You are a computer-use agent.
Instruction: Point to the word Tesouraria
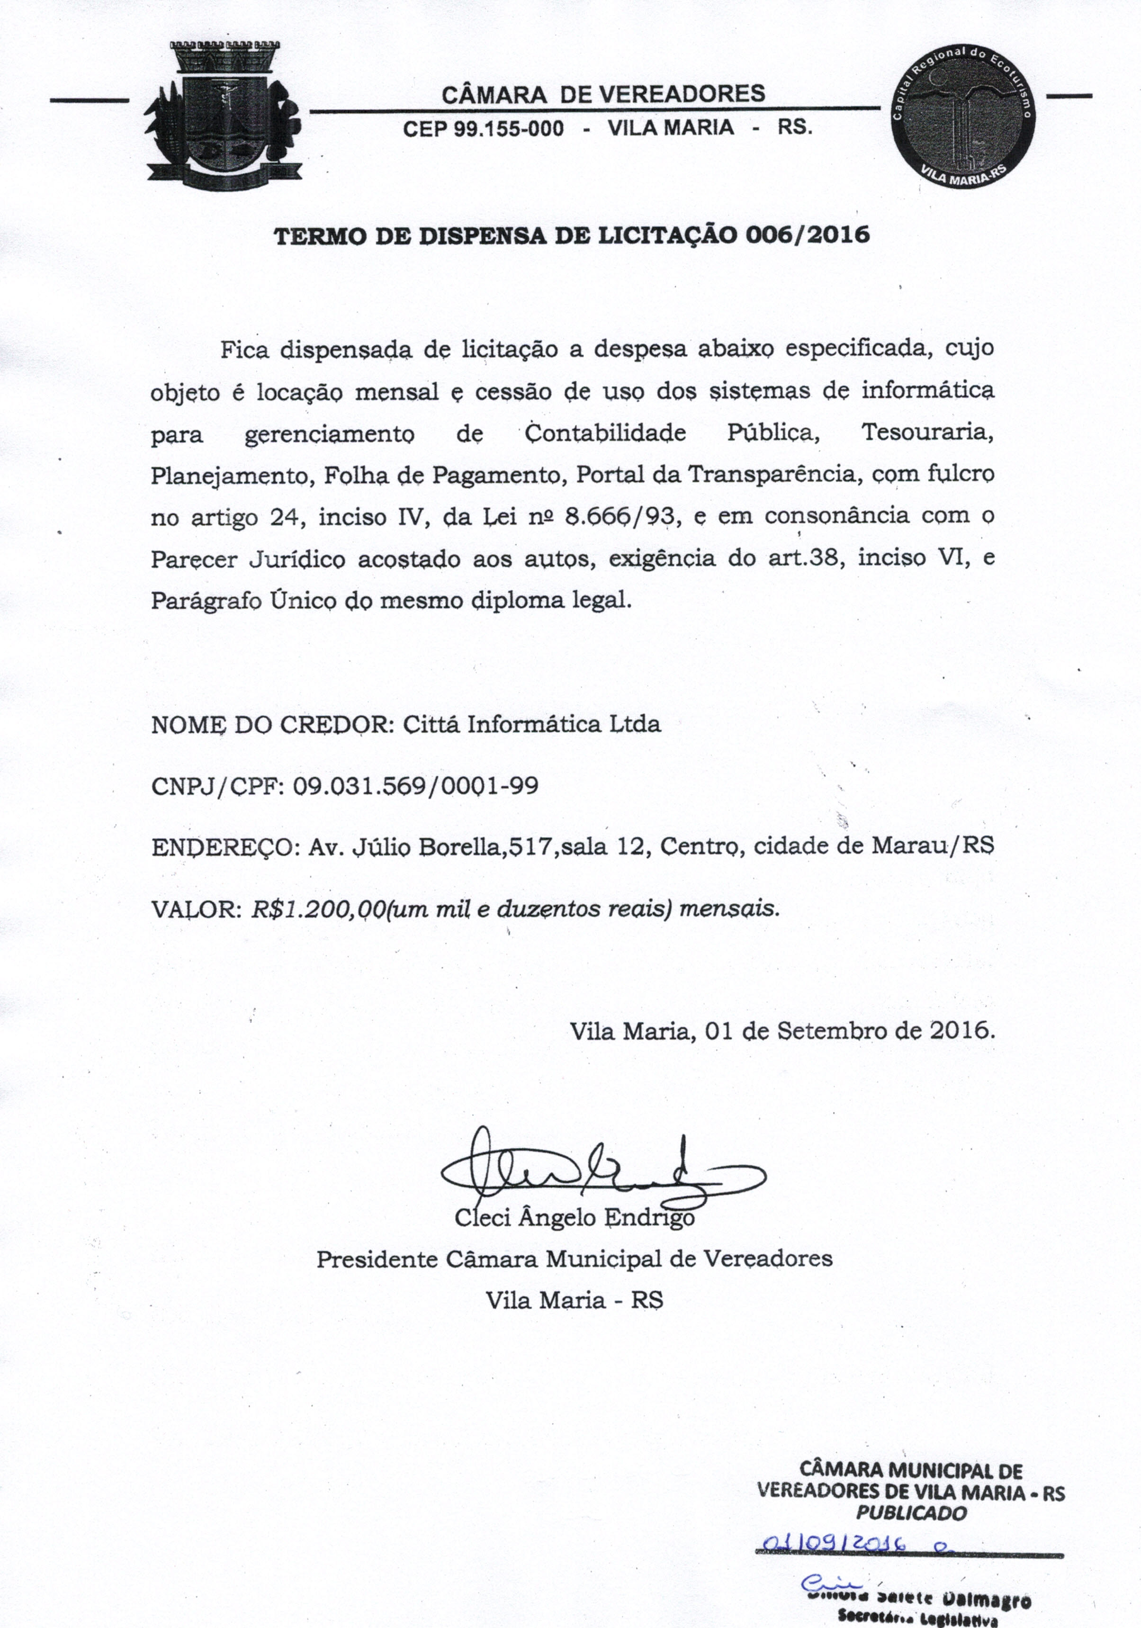927,432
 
